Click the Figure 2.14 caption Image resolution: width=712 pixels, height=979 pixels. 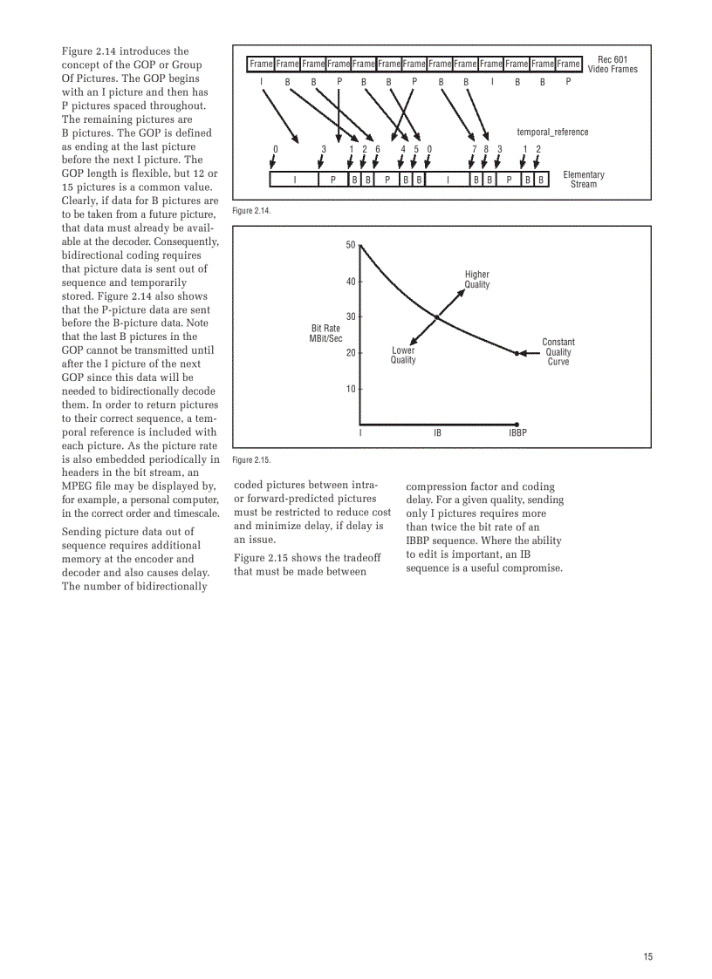click(251, 211)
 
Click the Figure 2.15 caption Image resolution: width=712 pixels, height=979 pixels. click(251, 459)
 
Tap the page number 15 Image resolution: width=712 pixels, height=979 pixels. click(647, 956)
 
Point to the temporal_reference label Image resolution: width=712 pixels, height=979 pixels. click(552, 132)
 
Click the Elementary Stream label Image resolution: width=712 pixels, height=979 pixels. click(583, 180)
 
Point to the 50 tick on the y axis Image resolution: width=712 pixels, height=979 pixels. click(351, 245)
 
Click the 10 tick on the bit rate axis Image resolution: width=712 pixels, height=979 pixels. click(351, 389)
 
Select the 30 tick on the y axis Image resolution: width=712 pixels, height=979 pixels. click(351, 316)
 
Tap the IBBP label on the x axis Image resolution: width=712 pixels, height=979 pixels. click(517, 432)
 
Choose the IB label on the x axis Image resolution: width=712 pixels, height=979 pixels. click(438, 432)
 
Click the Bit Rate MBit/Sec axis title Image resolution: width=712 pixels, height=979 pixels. click(325, 333)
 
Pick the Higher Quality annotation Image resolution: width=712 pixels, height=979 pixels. click(477, 279)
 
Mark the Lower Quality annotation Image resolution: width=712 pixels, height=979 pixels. click(403, 355)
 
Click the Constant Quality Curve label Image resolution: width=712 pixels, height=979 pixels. click(558, 352)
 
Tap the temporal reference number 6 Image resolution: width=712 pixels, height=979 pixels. click(378, 149)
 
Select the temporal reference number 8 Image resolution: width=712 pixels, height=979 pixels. click(486, 149)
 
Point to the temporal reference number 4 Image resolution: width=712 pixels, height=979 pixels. click(403, 149)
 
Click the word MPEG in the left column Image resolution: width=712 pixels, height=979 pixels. click(79, 486)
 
